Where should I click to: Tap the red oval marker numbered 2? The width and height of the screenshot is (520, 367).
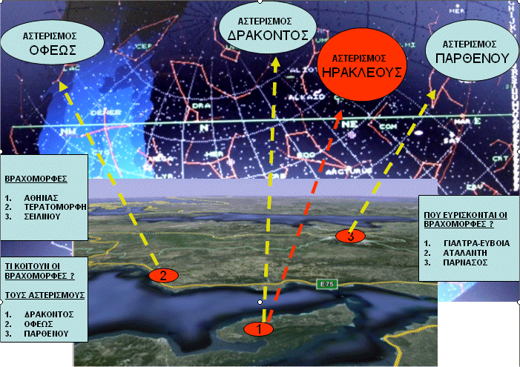(162, 274)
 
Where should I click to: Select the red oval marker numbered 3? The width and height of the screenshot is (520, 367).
(350, 236)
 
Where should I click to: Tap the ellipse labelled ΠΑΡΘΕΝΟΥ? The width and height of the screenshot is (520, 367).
(470, 50)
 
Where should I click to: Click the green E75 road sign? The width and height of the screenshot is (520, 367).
(324, 284)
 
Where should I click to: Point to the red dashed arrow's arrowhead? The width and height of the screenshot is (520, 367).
(339, 116)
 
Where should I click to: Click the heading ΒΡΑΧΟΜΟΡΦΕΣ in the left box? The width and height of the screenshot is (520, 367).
(36, 179)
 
